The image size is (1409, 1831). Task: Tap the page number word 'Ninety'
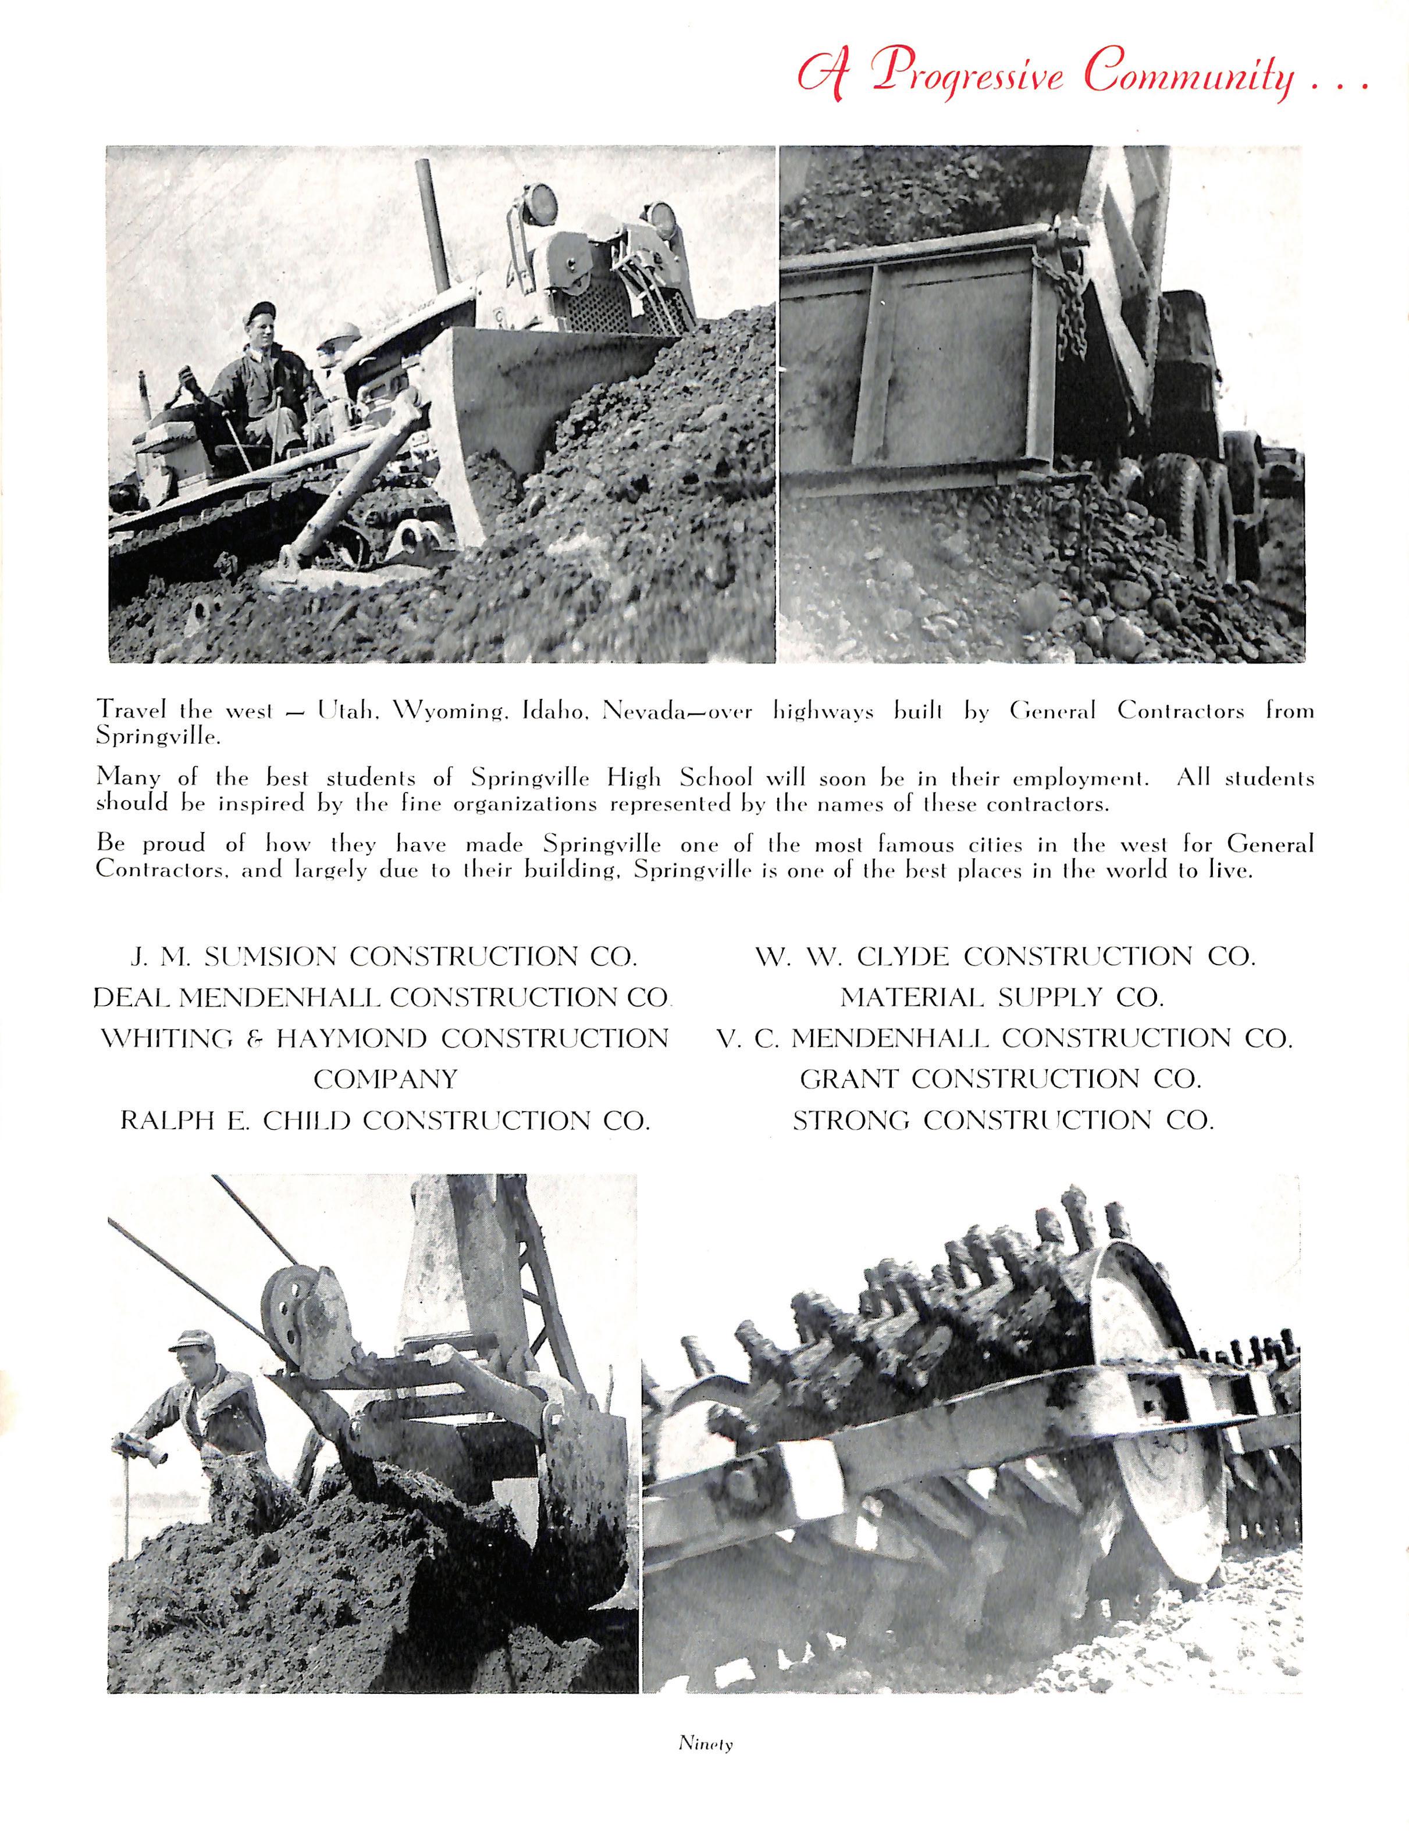click(705, 1744)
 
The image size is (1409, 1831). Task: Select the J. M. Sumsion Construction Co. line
click(384, 956)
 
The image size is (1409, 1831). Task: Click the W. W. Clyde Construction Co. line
click(1005, 956)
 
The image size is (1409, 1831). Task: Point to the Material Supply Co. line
click(1002, 998)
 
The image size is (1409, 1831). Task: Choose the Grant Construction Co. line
click(1001, 1079)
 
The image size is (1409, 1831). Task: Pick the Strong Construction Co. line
click(1003, 1120)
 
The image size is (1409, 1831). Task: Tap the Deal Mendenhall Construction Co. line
click(382, 998)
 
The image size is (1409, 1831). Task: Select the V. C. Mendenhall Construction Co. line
click(1004, 1038)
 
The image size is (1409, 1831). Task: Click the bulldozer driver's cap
click(261, 312)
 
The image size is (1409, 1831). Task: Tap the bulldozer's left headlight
click(539, 204)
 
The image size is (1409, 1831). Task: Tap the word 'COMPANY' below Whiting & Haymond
click(385, 1079)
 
